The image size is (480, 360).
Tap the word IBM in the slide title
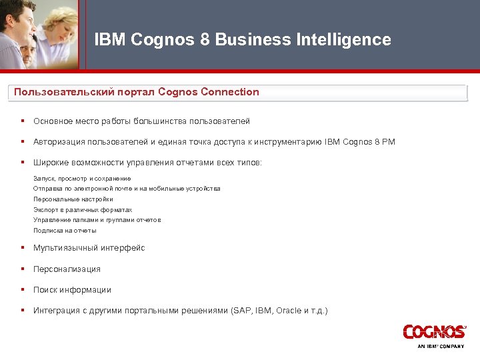(x=110, y=40)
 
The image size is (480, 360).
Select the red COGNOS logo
(x=433, y=332)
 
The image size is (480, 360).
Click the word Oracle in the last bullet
(x=289, y=311)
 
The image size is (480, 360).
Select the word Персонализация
(x=67, y=269)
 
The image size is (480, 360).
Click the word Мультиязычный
(x=65, y=248)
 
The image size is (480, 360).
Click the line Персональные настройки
(x=73, y=199)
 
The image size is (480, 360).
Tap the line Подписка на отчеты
(x=65, y=231)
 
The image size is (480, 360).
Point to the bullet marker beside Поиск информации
(x=23, y=290)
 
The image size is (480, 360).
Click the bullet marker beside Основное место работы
(x=23, y=121)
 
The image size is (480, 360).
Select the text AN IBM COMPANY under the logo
(x=441, y=347)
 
